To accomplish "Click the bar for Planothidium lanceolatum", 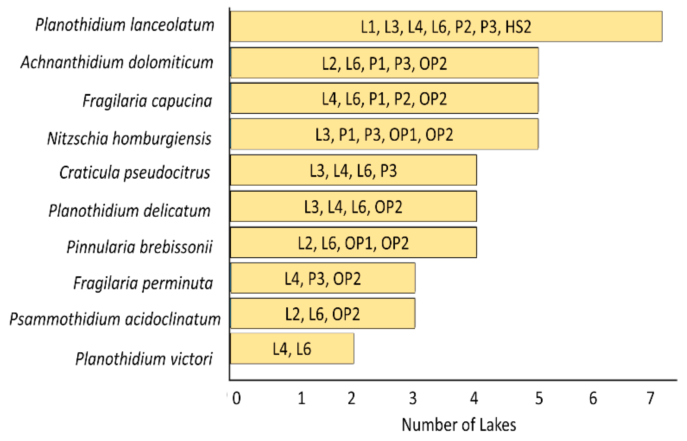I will pyautogui.click(x=446, y=27).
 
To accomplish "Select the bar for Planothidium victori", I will pyautogui.click(x=292, y=348).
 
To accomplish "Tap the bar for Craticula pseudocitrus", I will pyautogui.click(x=353, y=170).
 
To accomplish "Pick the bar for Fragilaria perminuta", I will pyautogui.click(x=323, y=278).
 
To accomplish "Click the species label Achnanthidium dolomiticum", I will pyautogui.click(x=117, y=62).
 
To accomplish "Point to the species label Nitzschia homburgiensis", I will pyautogui.click(x=129, y=138).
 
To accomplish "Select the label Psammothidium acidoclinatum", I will pyautogui.click(x=115, y=319).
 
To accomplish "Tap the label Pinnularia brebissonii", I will pyautogui.click(x=139, y=247).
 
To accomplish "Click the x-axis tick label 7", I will pyautogui.click(x=650, y=398).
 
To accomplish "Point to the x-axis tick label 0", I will pyautogui.click(x=236, y=398).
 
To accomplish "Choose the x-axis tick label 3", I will pyautogui.click(x=413, y=398).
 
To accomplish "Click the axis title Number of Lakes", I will pyautogui.click(x=459, y=425).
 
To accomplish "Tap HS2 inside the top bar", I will pyautogui.click(x=518, y=27).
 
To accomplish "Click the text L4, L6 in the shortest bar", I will pyautogui.click(x=292, y=349).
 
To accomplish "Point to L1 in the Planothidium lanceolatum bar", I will pyautogui.click(x=368, y=27).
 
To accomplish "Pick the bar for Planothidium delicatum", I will pyautogui.click(x=353, y=206).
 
